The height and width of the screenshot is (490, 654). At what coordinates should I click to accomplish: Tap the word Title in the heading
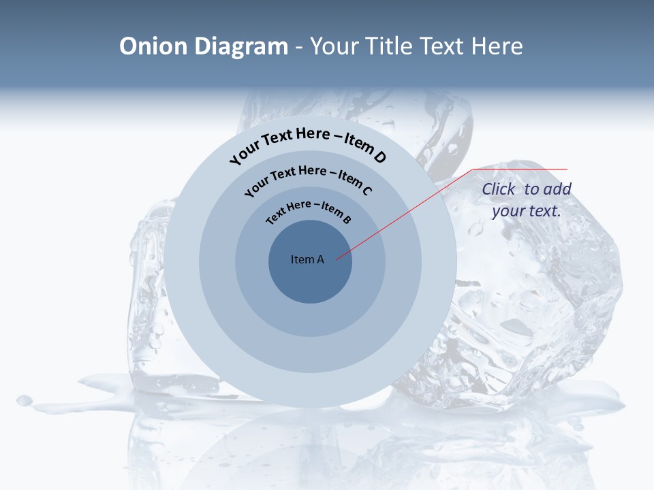click(389, 46)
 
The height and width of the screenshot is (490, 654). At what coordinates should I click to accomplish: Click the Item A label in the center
click(307, 259)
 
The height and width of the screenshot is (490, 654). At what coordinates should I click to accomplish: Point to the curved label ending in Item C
click(309, 178)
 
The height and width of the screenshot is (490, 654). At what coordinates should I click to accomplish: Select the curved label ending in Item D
click(309, 144)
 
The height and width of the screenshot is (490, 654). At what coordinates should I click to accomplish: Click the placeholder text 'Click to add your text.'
click(527, 200)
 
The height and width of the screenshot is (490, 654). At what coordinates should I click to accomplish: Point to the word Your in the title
click(335, 46)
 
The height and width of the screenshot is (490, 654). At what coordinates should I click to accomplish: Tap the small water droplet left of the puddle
click(25, 400)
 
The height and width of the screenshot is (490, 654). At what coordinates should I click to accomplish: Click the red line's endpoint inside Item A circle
click(337, 259)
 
